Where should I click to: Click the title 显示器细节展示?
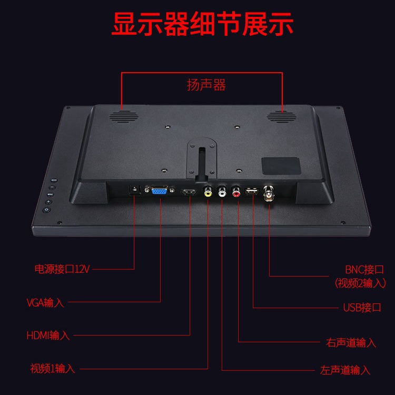(x=202, y=24)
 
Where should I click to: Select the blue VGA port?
(x=160, y=192)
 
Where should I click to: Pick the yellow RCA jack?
(x=209, y=192)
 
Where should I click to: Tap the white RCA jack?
(x=222, y=193)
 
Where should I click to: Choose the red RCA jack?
(x=236, y=193)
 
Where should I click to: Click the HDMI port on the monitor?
(x=189, y=192)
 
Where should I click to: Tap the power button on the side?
(x=47, y=210)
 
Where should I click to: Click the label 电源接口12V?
(x=62, y=269)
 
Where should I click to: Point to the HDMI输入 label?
(x=48, y=335)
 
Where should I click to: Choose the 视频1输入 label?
(x=52, y=369)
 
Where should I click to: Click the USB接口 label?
(x=362, y=308)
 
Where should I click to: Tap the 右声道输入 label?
(x=351, y=343)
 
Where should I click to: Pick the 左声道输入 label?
(x=345, y=370)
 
